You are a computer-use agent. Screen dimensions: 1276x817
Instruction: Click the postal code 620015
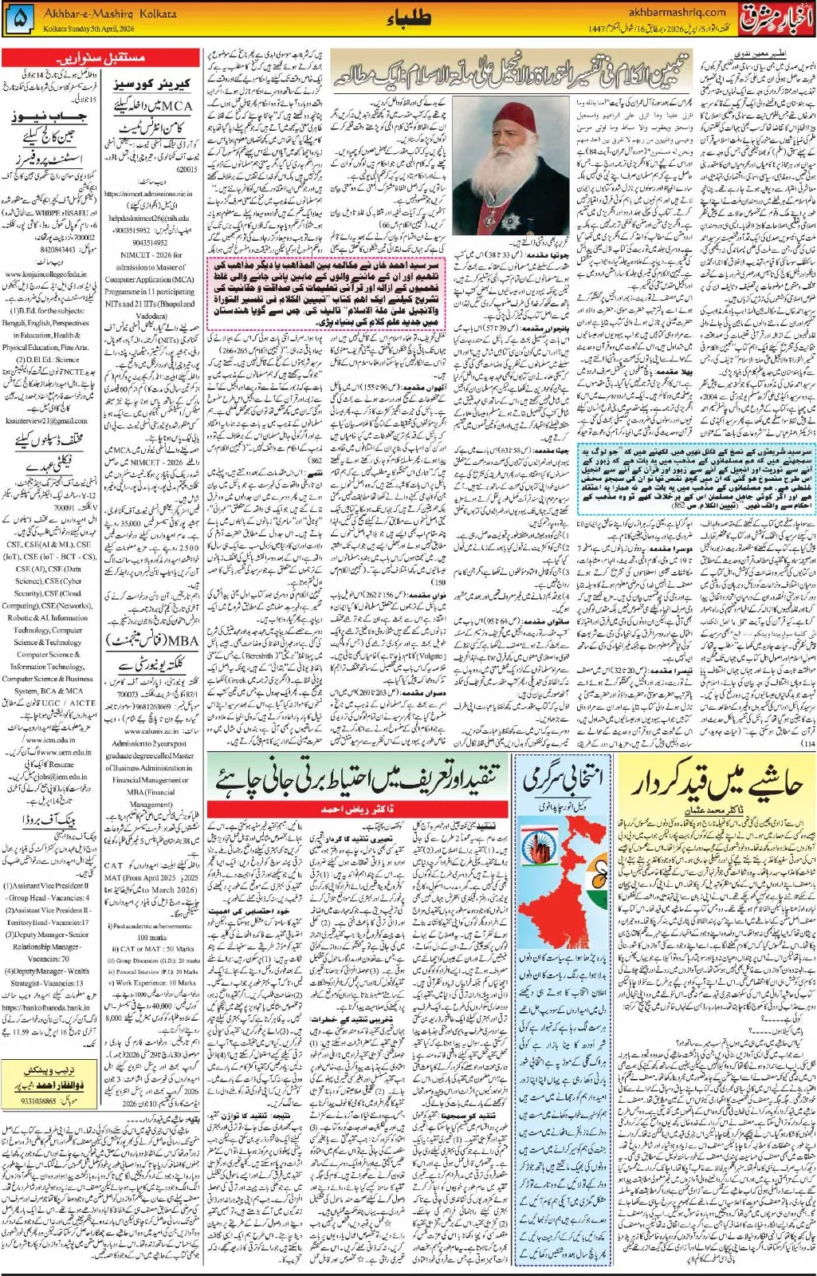tap(186, 170)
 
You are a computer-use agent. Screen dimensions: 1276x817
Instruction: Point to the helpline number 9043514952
tap(147, 242)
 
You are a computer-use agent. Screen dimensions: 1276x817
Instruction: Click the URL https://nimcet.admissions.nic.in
tap(148, 193)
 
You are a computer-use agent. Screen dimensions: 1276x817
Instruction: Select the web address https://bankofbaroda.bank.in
tap(45, 1007)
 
